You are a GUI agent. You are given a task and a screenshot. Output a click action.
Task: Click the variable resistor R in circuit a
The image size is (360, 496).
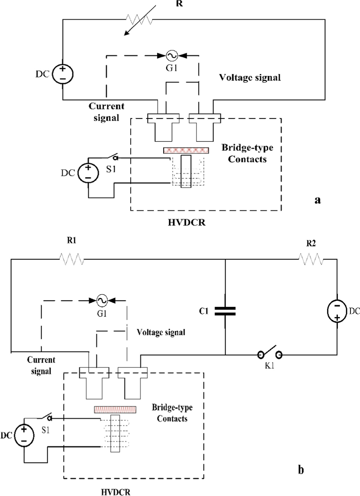pos(140,20)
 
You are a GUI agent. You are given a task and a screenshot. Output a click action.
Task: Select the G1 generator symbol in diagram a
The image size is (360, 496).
pos(172,56)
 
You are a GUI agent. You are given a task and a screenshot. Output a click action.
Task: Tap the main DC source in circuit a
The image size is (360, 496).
pos(63,74)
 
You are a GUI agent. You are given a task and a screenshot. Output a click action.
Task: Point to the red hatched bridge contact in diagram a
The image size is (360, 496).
pos(186,150)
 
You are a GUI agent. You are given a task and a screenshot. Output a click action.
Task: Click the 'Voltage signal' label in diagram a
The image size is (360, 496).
pos(250,78)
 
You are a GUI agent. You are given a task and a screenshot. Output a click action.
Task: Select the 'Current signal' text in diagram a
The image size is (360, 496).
pos(106,112)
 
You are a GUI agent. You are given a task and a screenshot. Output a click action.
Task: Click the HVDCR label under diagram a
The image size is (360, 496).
pos(186,222)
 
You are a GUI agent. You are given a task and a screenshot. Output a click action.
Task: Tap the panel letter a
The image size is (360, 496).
pos(317,200)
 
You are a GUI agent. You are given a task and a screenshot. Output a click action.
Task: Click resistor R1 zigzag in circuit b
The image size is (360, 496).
pos(72,259)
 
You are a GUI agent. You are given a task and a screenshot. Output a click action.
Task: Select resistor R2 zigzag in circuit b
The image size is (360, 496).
pos(311,259)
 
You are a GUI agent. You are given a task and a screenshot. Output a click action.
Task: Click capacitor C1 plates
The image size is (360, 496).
pos(225,311)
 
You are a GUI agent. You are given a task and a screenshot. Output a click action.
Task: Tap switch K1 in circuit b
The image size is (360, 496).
pos(270,353)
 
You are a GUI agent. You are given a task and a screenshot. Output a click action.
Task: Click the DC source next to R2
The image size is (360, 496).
pos(337,311)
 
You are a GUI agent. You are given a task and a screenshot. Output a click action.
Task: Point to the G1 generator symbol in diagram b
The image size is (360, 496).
pos(102,300)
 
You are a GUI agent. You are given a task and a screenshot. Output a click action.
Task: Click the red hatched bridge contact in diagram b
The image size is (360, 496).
pos(115,409)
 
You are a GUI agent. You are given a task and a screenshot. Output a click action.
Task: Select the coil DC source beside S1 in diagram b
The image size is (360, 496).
pos(24,435)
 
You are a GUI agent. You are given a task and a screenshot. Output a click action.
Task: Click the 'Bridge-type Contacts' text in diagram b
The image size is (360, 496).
pos(172,413)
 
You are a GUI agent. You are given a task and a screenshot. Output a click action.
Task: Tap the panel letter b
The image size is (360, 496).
pos(301,470)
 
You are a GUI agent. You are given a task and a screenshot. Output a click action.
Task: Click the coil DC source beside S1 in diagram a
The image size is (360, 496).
pos(88,173)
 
